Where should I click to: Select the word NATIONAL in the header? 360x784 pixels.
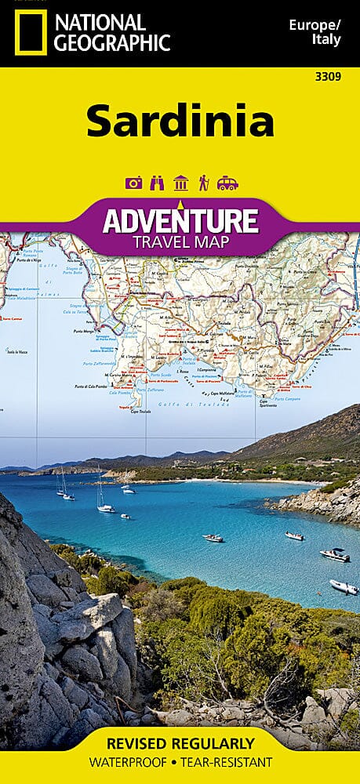(96, 22)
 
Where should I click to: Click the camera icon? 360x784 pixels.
(134, 183)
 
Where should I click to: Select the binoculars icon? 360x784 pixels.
(157, 183)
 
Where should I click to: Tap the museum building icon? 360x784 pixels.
(180, 183)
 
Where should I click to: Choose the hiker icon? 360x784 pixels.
(203, 183)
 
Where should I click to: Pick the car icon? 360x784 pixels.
(227, 183)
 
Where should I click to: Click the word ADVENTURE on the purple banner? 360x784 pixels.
(180, 220)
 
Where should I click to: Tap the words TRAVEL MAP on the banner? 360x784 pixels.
(180, 241)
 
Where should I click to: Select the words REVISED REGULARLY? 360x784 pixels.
(180, 743)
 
